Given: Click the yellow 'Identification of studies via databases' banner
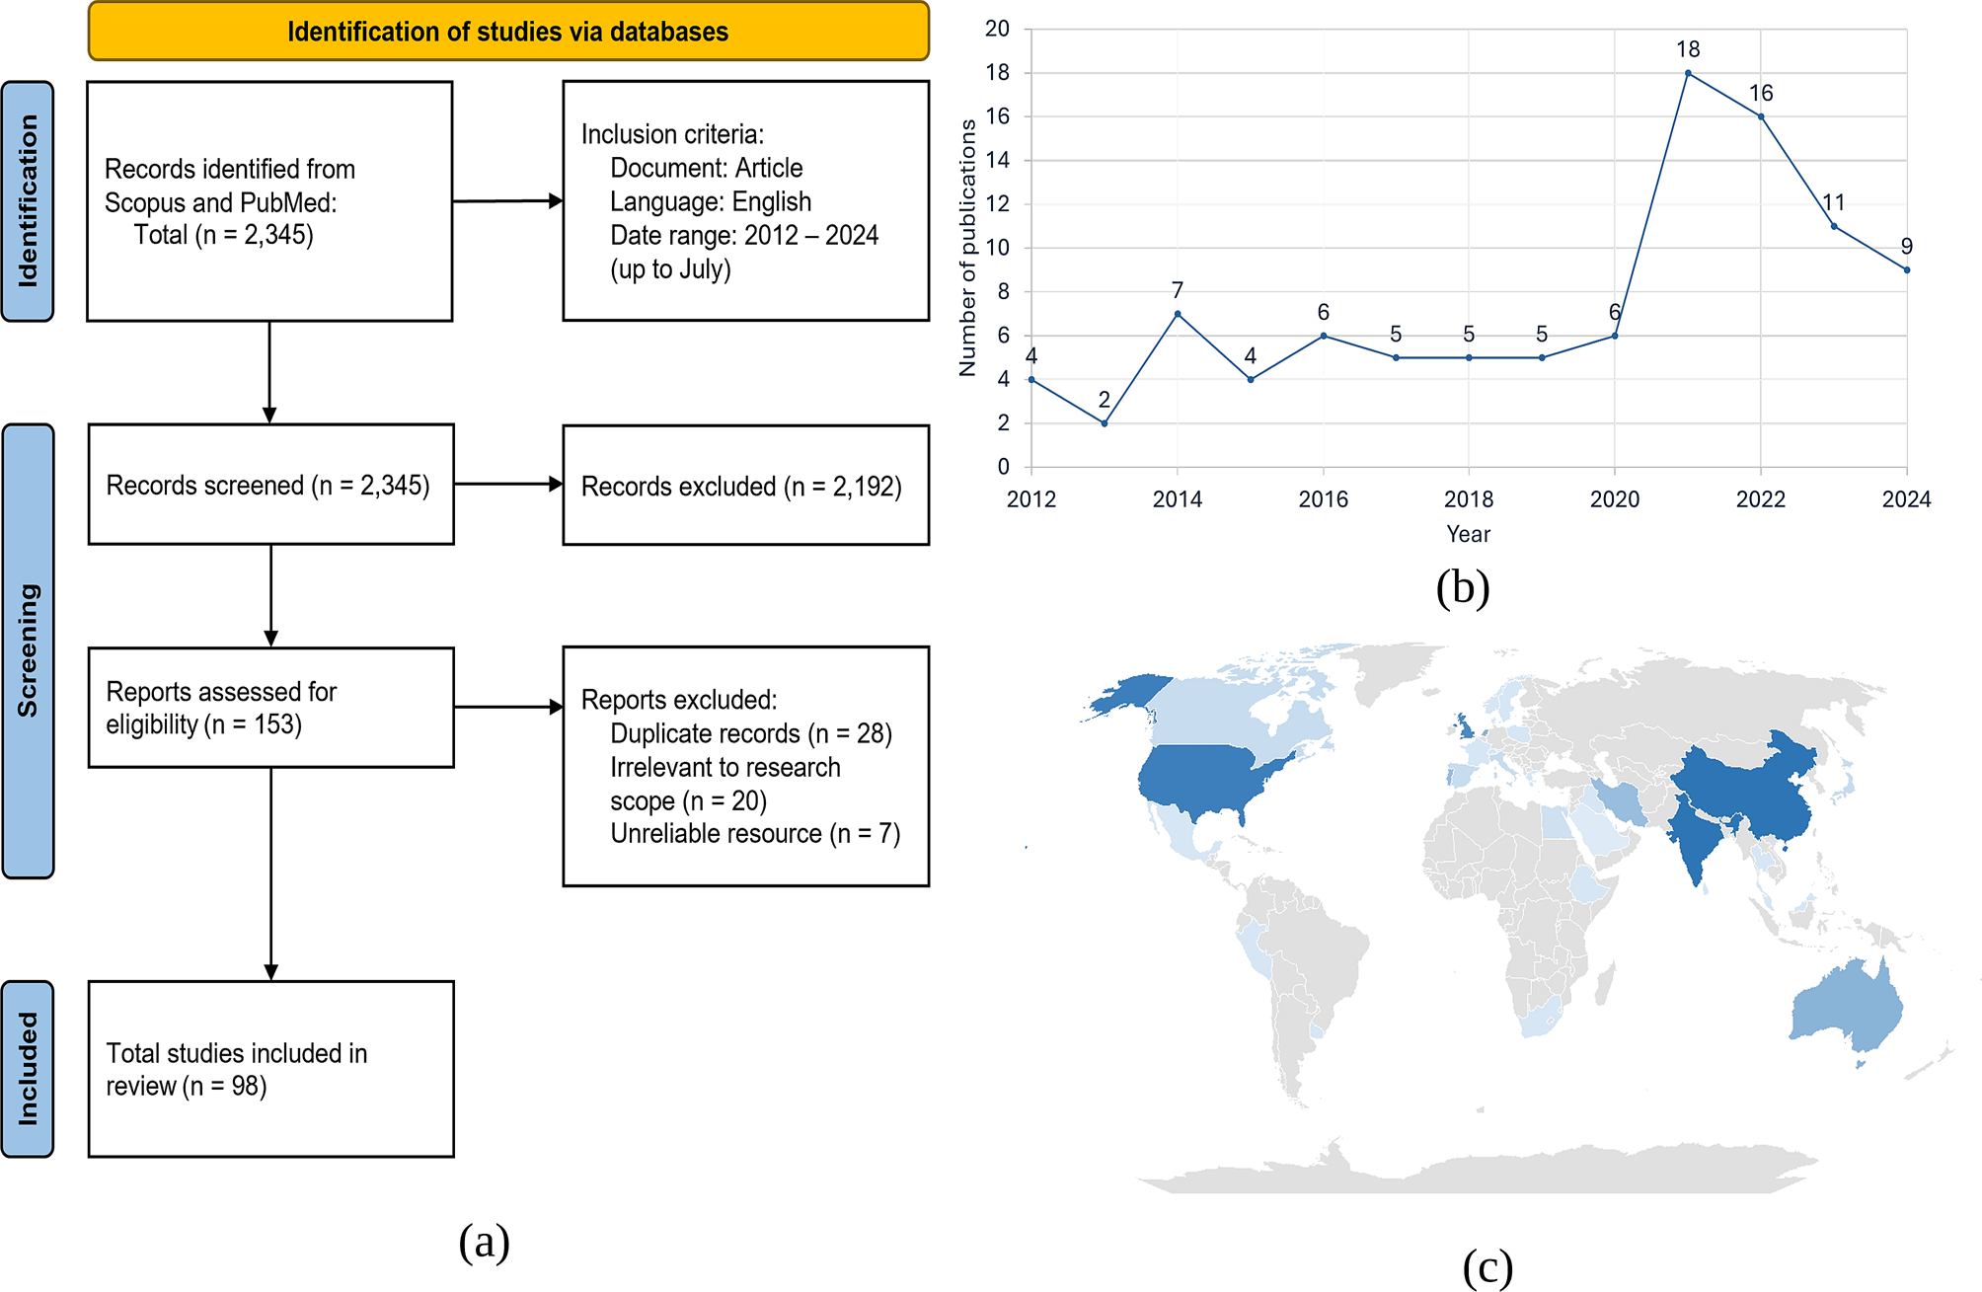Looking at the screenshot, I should [507, 32].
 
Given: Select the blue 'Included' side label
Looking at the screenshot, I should [28, 1068].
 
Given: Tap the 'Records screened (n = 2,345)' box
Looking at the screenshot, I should [270, 485].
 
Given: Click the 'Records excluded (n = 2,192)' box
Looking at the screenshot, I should [745, 486].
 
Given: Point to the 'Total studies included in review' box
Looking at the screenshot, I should [270, 1069].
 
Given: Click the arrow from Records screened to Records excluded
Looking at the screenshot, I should [507, 484].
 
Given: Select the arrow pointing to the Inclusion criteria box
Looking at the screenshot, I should [507, 201].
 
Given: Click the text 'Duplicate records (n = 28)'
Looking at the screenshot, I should [750, 733].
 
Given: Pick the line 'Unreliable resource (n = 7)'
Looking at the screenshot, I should [755, 834].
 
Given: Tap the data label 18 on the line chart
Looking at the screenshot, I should [1688, 49].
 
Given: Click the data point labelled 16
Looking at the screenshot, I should [1761, 116].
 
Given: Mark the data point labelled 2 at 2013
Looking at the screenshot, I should [1105, 423].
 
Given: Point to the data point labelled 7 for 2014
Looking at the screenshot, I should [1178, 314].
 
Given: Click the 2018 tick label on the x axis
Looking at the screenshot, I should [1469, 499].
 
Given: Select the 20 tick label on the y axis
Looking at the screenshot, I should [997, 29].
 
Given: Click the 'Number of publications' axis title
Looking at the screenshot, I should [967, 248].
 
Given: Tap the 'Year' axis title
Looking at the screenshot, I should [1469, 534].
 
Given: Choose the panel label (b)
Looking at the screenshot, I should [1463, 588].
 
